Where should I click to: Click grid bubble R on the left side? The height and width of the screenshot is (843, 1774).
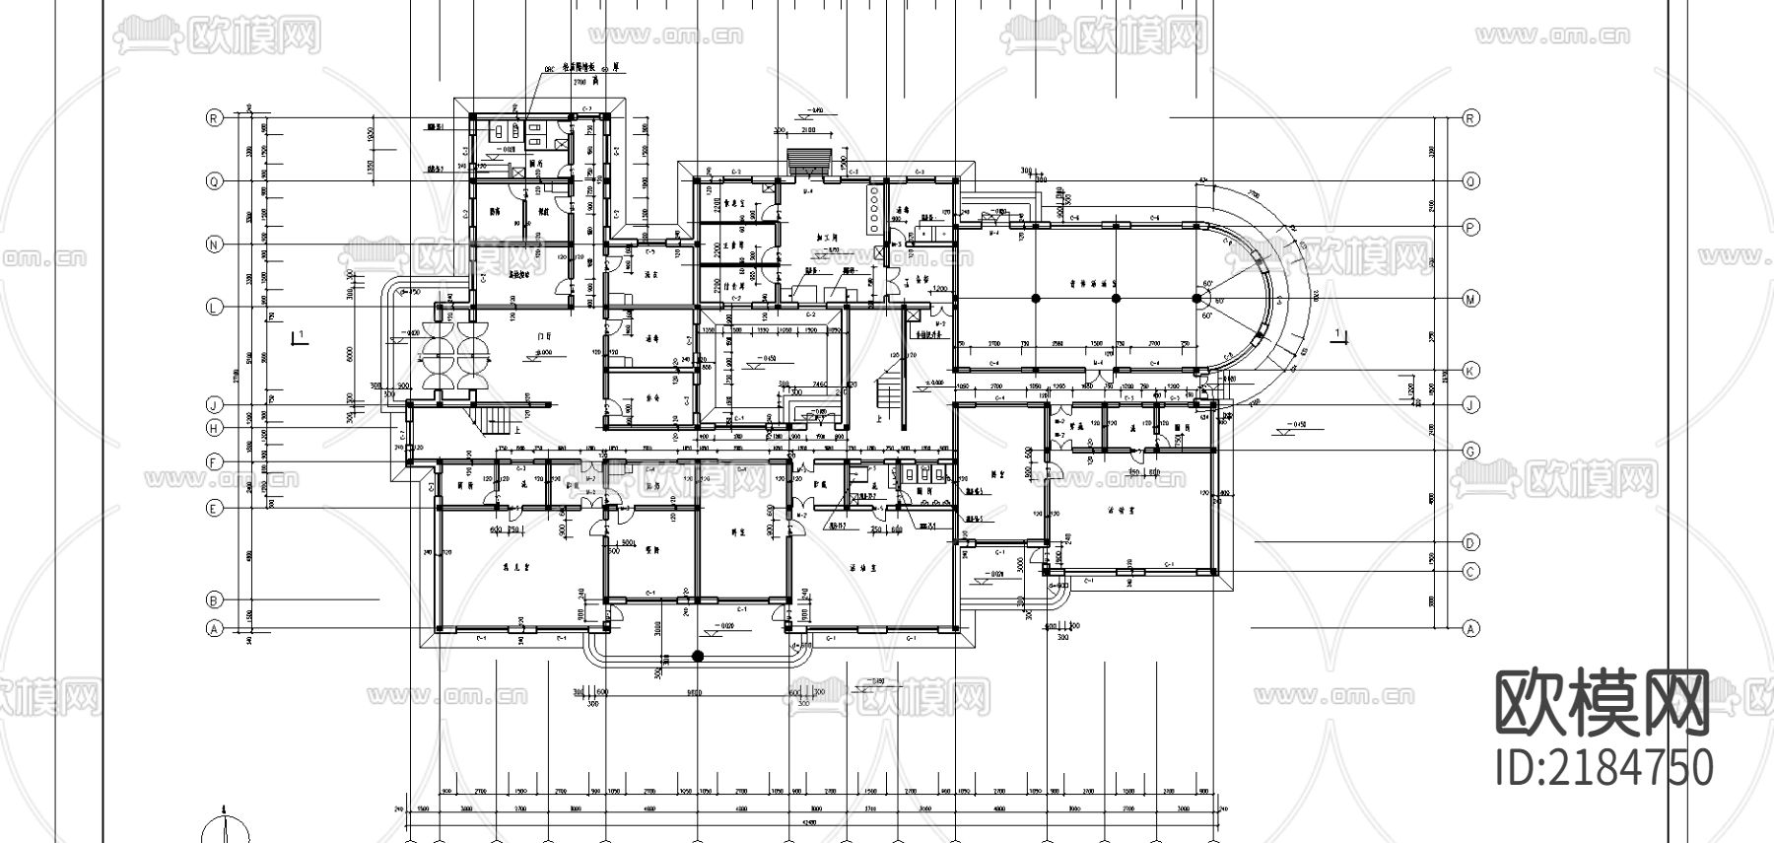click(x=214, y=117)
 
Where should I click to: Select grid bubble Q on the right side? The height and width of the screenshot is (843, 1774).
click(x=1470, y=181)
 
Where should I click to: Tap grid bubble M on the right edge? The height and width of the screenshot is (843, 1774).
click(x=1470, y=299)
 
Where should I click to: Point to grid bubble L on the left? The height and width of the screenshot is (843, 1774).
click(x=214, y=307)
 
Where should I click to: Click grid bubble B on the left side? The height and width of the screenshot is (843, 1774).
click(x=214, y=599)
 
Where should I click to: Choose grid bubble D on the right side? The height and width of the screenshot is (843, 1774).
click(x=1470, y=542)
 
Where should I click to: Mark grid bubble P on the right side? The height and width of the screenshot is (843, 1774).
click(x=1470, y=227)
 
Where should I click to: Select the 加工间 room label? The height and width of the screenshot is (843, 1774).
click(x=829, y=238)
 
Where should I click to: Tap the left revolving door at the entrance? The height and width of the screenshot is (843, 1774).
click(x=438, y=358)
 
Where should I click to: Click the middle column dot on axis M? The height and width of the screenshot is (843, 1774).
click(x=1115, y=298)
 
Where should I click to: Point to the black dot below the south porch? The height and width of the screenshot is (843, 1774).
click(x=698, y=656)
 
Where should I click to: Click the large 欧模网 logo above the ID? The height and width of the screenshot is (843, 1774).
click(x=1603, y=704)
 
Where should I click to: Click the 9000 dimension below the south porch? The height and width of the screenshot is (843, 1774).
click(x=695, y=692)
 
